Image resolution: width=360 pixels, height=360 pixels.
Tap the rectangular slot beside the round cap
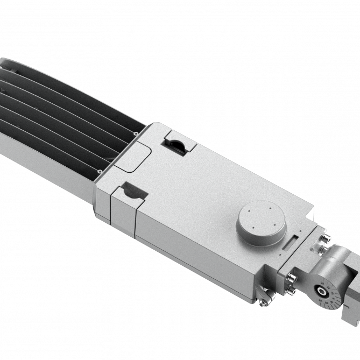click(x=290, y=242)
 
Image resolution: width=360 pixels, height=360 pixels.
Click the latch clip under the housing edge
click(x=263, y=295)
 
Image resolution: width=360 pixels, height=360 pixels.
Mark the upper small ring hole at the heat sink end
click(x=136, y=133)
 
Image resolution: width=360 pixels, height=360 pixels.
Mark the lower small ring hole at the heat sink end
click(x=100, y=172)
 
